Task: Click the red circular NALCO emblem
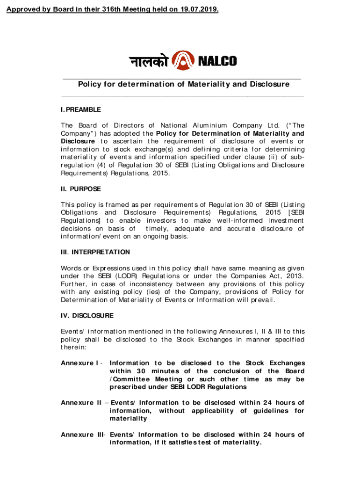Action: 182,61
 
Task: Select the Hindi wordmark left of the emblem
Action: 149,61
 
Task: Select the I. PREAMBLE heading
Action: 80,109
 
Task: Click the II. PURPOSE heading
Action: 80,189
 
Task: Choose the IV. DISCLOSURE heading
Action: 87,316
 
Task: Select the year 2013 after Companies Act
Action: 295,276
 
